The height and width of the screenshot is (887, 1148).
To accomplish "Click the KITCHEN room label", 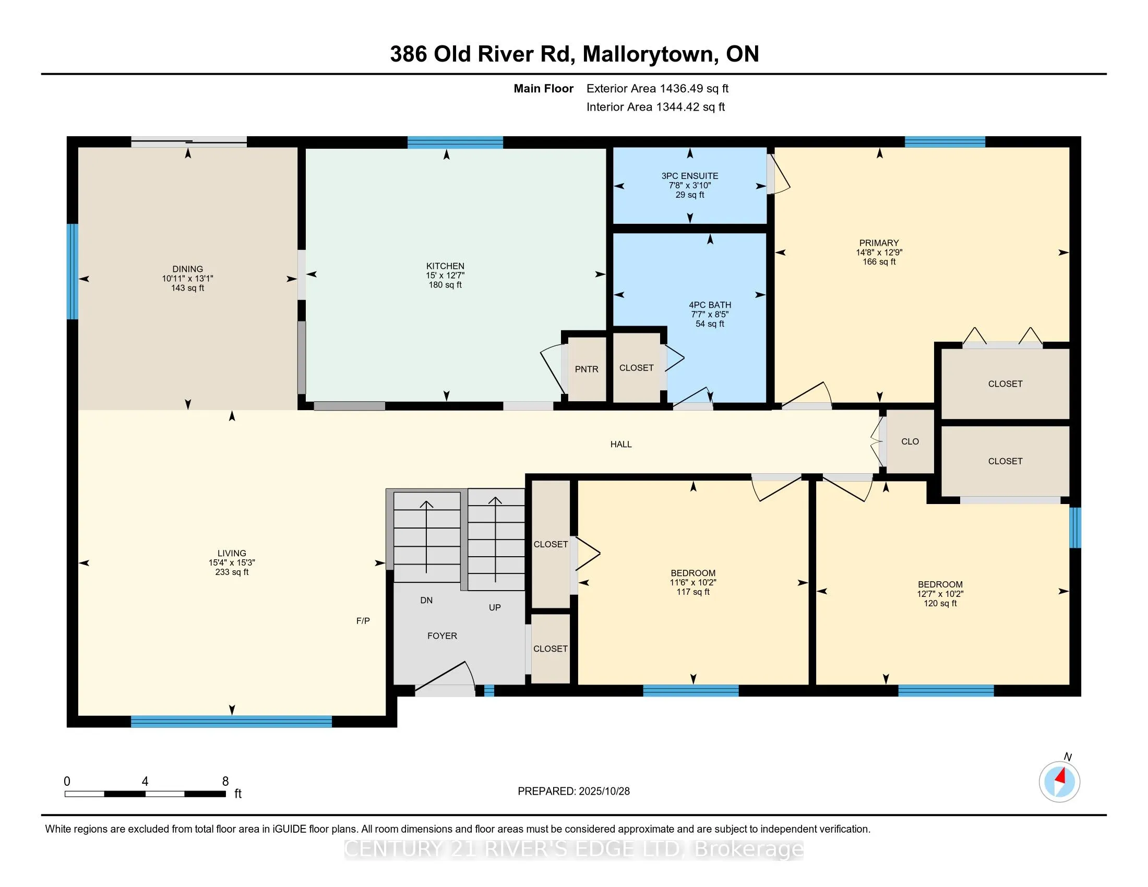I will pos(445,266).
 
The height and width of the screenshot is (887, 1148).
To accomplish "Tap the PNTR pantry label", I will pos(586,369).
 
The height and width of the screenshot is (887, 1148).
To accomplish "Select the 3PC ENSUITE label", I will pos(690,176).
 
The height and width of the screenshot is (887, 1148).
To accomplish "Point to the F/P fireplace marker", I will pos(363,620).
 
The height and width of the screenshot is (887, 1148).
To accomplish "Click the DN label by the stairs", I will pos(426,600).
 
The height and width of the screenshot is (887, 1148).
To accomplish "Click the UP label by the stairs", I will pos(495,607).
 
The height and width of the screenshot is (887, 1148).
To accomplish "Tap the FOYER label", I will pos(442,636).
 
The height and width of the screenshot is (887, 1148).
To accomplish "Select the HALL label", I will pos(621,444).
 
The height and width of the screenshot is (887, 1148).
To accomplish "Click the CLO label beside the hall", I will pos(910,441).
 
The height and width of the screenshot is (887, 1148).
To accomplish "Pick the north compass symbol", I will pos(1059,782).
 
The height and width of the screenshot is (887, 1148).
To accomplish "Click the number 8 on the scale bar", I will pos(225,782).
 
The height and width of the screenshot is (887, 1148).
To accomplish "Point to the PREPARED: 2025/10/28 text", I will pos(573,791).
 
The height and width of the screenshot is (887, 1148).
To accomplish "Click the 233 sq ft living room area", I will pos(232,572).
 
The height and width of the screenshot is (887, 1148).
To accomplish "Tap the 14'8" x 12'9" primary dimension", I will pos(879,252).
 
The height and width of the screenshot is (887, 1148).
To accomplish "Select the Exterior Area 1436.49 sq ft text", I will pos(657,88).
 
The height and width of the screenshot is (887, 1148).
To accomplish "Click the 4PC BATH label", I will pos(710,305).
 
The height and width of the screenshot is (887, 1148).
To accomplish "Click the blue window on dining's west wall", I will pos(73,272).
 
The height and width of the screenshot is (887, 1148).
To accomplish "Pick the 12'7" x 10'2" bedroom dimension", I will pos(940,594).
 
